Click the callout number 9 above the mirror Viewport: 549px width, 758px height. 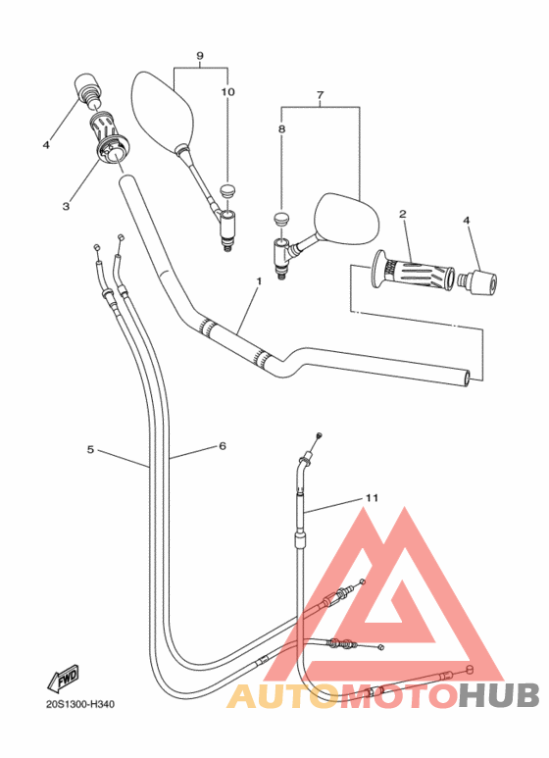tap(200, 56)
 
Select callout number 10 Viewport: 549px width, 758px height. tap(227, 92)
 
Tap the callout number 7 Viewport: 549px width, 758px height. tap(320, 95)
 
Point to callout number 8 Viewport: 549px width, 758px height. tap(281, 129)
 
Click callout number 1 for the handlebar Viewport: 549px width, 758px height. tap(259, 280)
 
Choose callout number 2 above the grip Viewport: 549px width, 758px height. tap(403, 214)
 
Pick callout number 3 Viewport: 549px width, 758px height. tap(66, 207)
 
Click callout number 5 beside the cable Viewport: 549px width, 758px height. tap(90, 449)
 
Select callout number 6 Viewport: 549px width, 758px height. tap(223, 446)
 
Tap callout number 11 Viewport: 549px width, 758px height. tap(372, 498)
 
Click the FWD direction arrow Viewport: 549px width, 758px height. tap(63, 680)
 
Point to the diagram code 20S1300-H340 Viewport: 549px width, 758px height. tap(80, 704)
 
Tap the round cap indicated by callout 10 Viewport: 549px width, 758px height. tap(226, 189)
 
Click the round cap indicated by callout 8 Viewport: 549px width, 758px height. tap(280, 218)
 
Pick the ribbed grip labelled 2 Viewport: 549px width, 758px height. tap(412, 274)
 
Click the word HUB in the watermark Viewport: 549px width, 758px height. tap(499, 695)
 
